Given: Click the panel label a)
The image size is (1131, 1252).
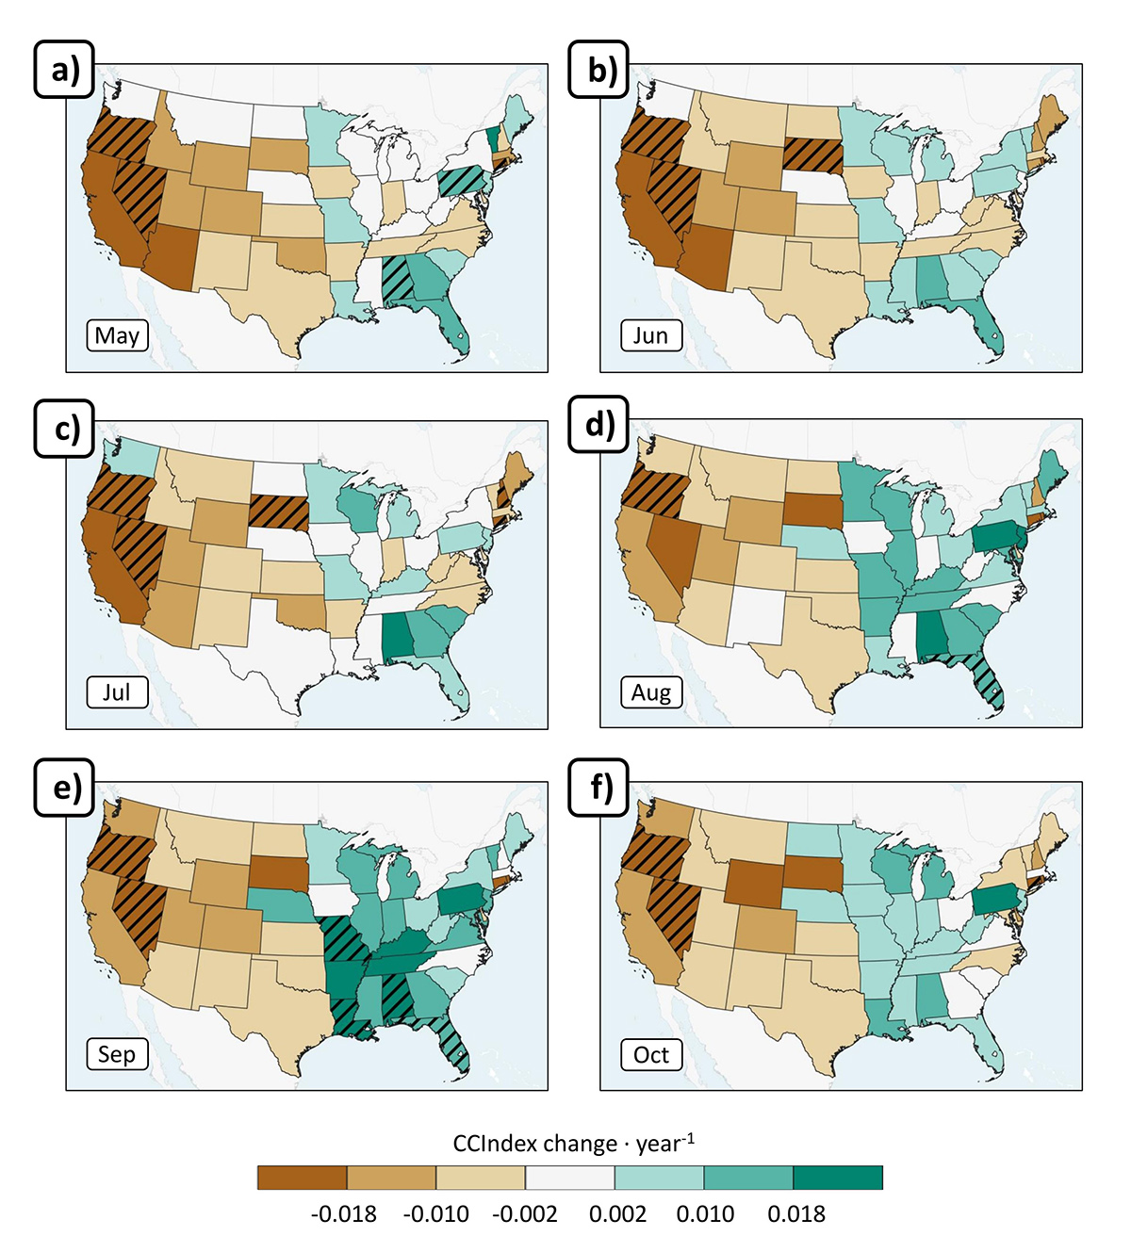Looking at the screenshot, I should pos(64,70).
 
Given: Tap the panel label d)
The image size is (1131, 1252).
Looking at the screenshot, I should pos(598,425).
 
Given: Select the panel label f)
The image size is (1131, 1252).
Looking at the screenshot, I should pos(599,788).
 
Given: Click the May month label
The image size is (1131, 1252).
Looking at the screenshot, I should pos(117,335).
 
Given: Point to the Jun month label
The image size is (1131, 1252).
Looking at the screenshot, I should pos(650,335).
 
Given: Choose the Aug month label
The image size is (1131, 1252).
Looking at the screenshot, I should pos(650,692).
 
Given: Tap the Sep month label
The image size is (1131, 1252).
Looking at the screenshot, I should pos(117,1054).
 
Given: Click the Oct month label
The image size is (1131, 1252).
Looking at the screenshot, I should pos(650,1054).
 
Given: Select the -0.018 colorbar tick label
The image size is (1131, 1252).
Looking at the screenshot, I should pos(343,1214).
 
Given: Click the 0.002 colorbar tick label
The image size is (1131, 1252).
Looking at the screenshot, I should pos(617,1214).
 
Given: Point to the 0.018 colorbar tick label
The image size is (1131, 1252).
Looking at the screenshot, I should pos(796,1214).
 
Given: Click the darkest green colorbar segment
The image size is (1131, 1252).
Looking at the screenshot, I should pos(838,1178).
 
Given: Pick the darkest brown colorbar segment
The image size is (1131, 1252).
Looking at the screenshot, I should pos(303,1178).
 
